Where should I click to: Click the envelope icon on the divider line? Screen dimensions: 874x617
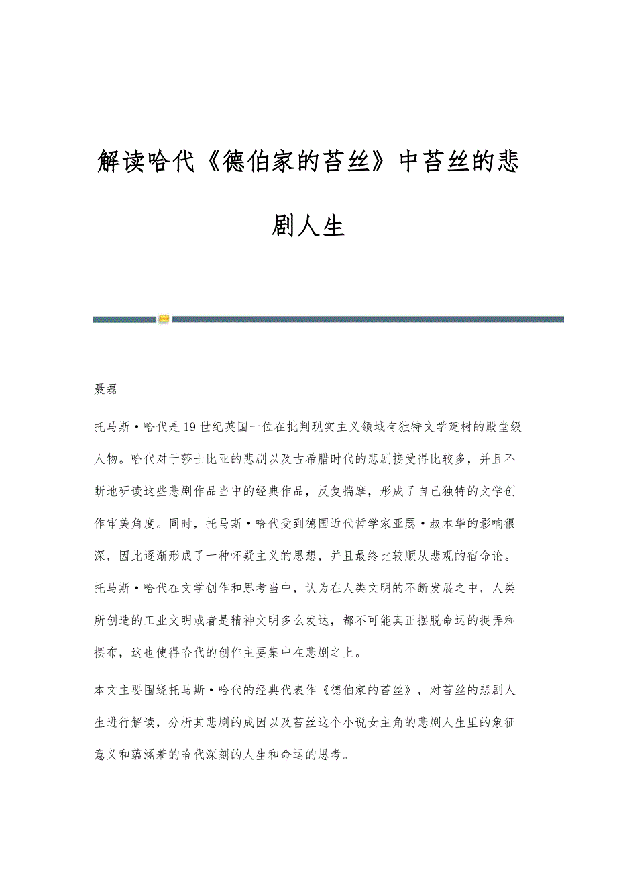164,319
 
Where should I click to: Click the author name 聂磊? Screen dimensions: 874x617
106,391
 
